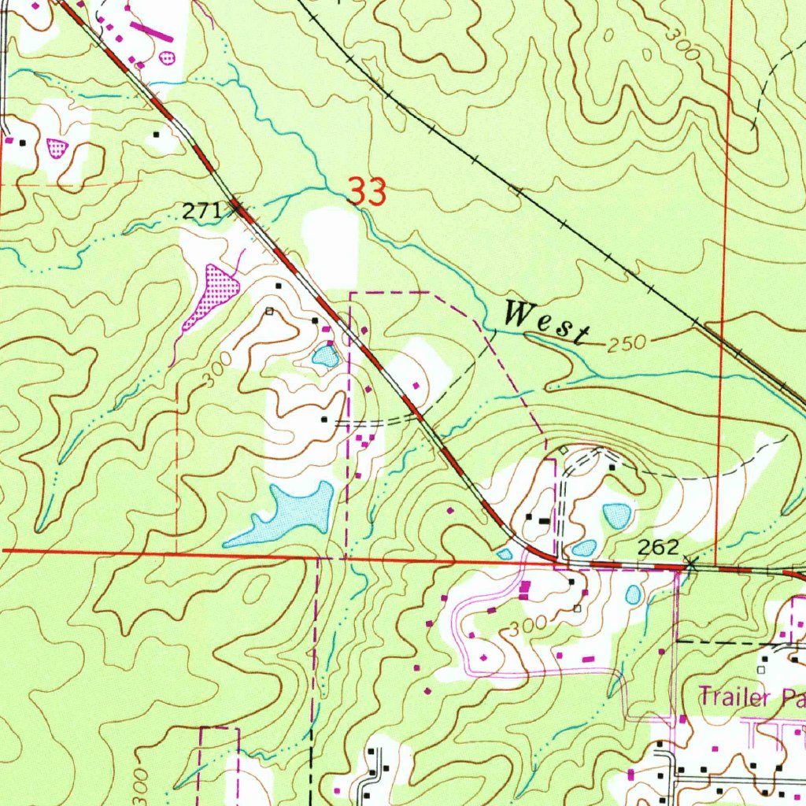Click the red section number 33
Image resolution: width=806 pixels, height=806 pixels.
point(367,192)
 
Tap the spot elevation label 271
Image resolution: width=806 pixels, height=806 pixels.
point(199,211)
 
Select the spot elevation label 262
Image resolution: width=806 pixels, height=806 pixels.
point(657,548)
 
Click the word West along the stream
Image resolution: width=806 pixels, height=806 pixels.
point(546,322)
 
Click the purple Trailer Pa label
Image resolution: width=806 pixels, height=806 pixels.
point(751,696)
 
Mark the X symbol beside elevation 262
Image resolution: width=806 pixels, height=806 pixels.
point(691,563)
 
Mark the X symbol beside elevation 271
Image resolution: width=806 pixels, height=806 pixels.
point(236,208)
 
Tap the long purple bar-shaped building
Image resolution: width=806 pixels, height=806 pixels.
point(154,30)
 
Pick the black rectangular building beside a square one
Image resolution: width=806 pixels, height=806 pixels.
point(543,519)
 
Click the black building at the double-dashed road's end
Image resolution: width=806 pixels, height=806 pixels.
point(324,420)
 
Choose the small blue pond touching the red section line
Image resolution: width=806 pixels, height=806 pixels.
point(505,555)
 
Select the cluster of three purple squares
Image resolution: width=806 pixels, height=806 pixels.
point(363,439)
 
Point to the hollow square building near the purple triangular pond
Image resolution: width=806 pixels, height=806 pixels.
point(269,311)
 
